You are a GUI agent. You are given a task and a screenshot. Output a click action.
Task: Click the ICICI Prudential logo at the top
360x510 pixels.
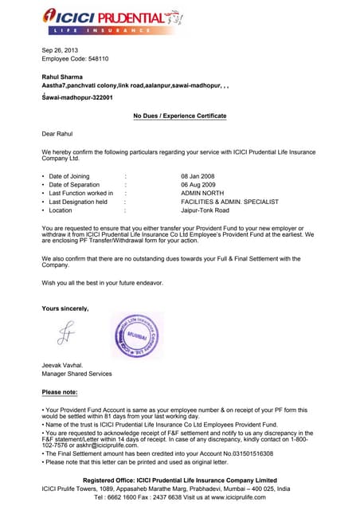tap(112, 20)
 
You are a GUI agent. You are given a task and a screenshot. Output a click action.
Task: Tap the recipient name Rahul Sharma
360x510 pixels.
tap(63, 76)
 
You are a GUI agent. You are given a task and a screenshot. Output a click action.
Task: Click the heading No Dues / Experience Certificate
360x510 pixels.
tap(179, 116)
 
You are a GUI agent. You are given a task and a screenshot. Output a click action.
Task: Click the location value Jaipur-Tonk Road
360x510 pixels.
tap(205, 210)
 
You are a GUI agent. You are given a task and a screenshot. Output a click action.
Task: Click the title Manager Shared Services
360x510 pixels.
tap(76, 374)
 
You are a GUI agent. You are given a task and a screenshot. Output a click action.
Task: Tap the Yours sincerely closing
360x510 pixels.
tap(65, 308)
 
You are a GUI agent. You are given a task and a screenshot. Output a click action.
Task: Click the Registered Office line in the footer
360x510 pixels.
tap(180, 481)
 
